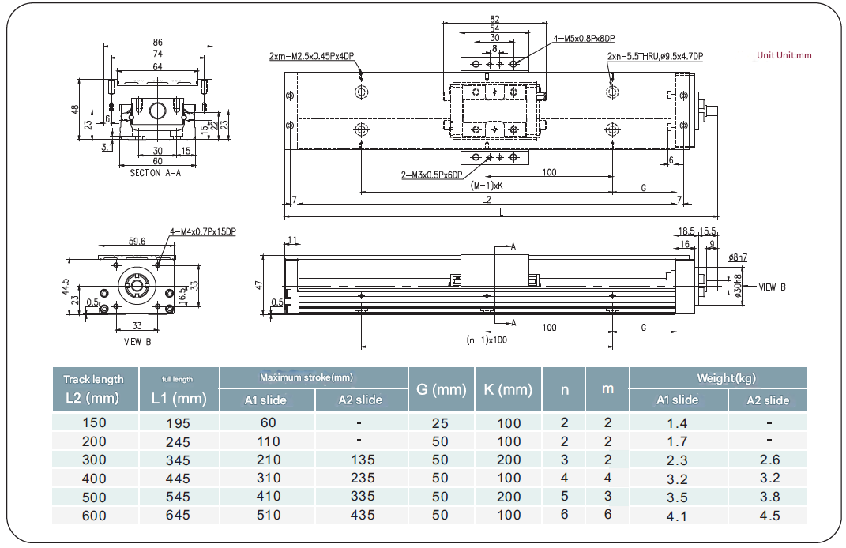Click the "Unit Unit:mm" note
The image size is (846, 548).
pyautogui.click(x=784, y=55)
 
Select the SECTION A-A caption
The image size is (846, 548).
pyautogui.click(x=156, y=173)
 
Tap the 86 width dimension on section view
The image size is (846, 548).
pyautogui.click(x=157, y=42)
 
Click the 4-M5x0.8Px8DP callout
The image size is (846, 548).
pyautogui.click(x=584, y=38)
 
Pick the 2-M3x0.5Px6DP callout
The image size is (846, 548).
pyautogui.click(x=431, y=175)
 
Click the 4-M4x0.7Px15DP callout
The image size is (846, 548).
pyautogui.click(x=203, y=232)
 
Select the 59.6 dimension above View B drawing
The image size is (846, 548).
pyautogui.click(x=137, y=241)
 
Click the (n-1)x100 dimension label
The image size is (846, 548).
pyautogui.click(x=487, y=340)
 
